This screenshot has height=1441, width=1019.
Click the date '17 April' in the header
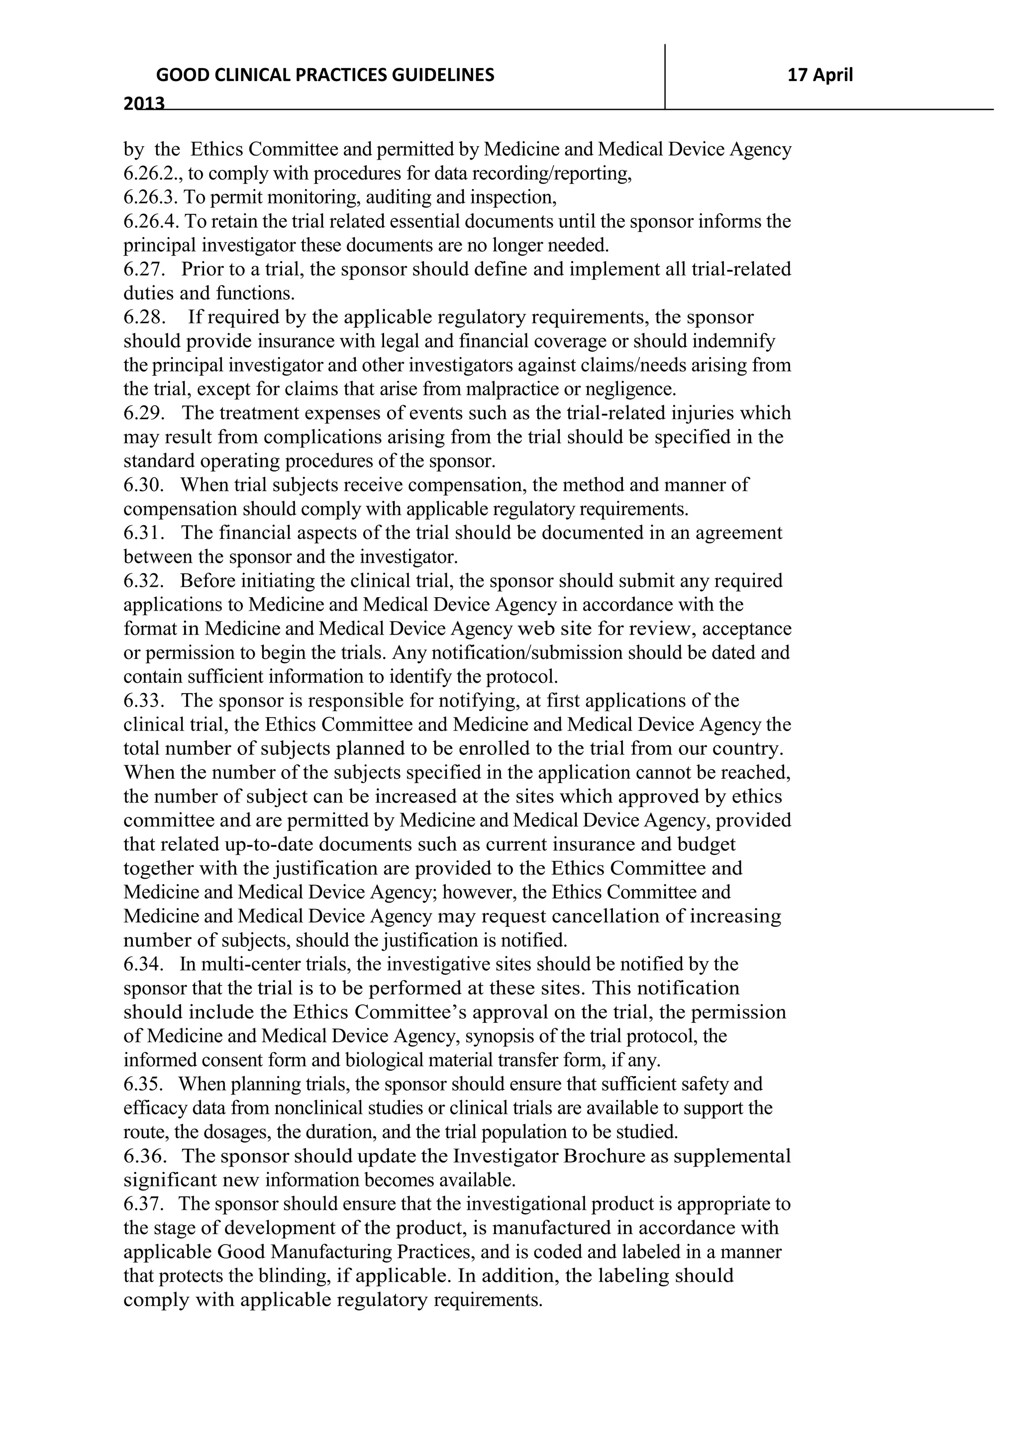point(820,75)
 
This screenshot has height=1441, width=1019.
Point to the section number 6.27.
point(144,269)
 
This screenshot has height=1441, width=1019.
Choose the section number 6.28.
point(144,317)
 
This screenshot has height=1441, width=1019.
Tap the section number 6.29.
point(144,413)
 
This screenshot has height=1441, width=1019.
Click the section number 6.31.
point(144,533)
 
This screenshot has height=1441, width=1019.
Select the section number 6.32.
point(144,581)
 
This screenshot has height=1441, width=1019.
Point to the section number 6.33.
point(144,701)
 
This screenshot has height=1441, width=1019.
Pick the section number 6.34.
point(144,964)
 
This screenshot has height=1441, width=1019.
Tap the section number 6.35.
point(144,1084)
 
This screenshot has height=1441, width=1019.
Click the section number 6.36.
point(144,1156)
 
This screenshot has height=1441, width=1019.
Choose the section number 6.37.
point(144,1204)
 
